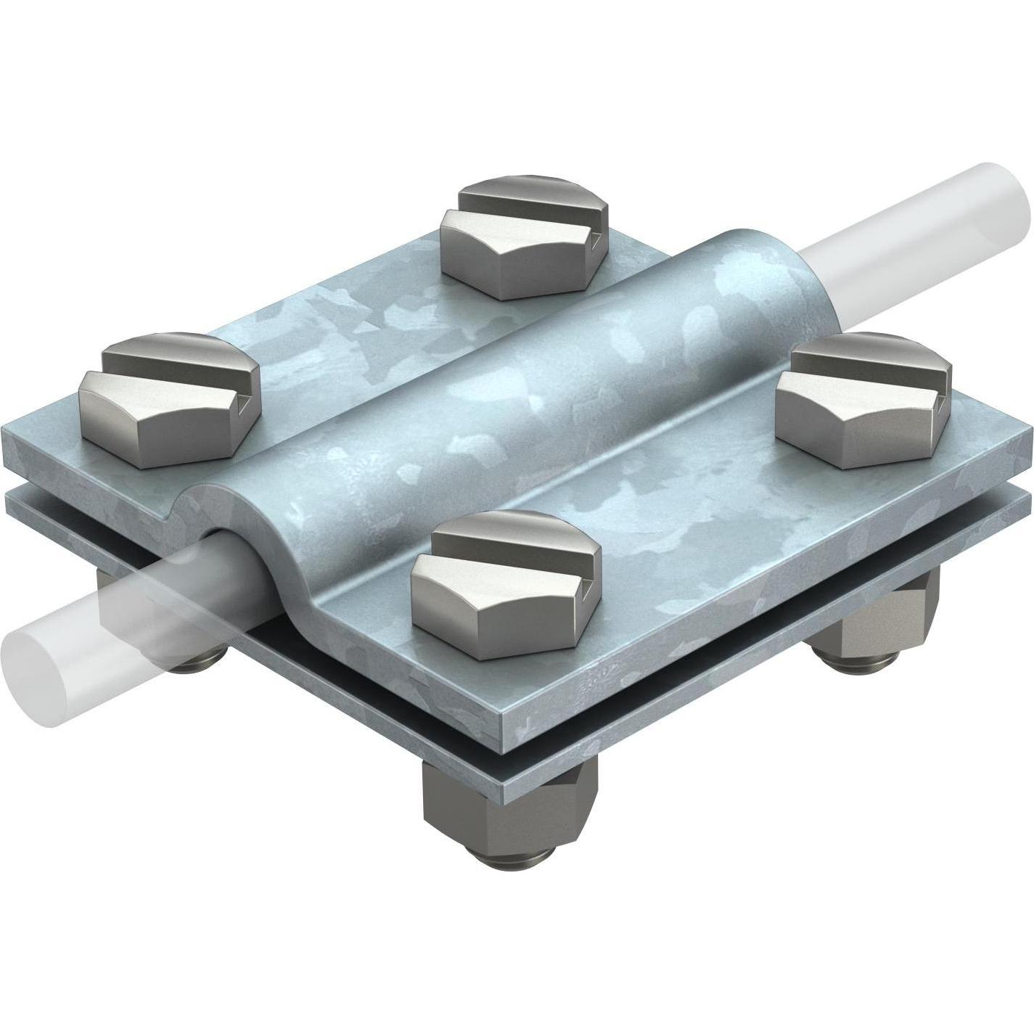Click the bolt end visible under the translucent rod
pyautogui.click(x=199, y=639)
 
